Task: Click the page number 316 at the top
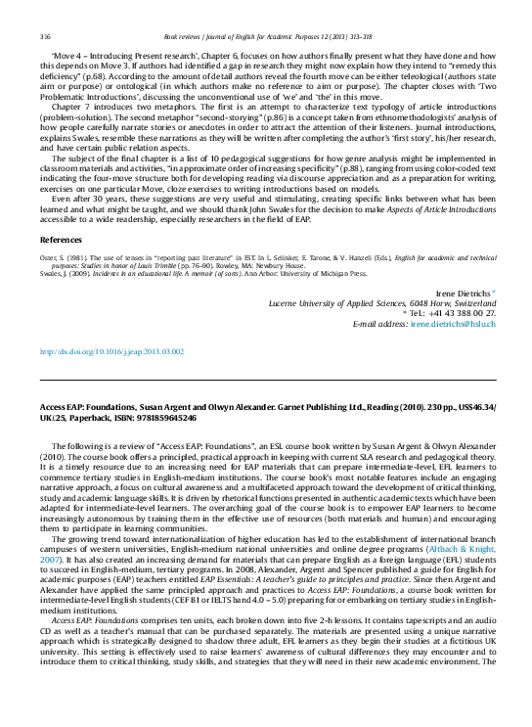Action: coord(45,36)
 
